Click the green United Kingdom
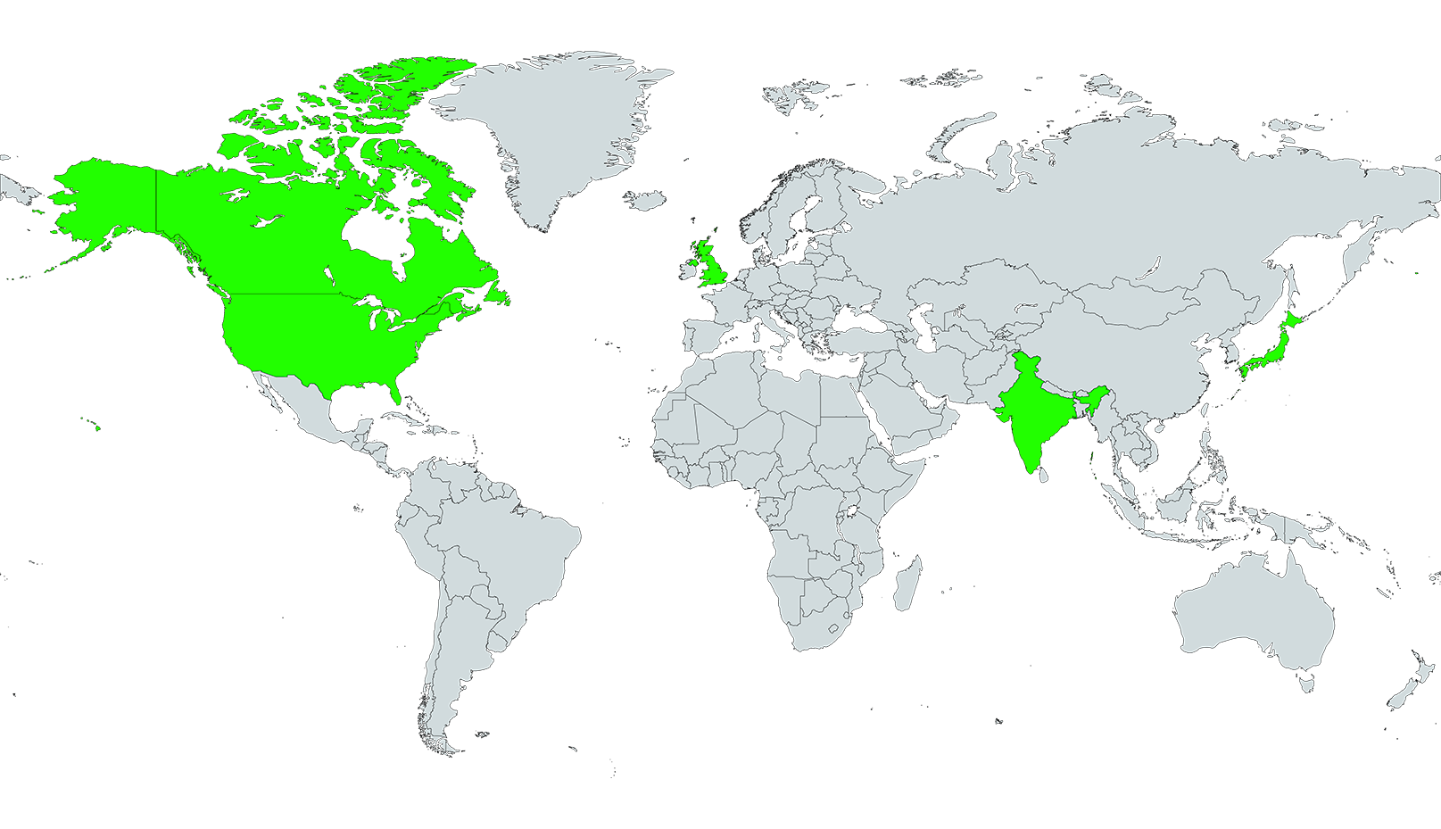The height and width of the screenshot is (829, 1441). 710,263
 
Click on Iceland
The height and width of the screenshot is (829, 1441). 646,199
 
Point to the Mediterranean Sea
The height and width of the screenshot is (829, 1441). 785,344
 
